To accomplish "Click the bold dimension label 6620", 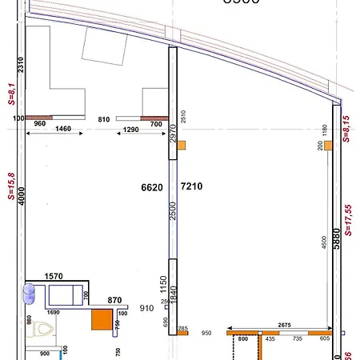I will tap(152, 187).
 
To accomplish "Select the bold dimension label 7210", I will tap(193, 187).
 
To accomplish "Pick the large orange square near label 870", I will tap(102, 320).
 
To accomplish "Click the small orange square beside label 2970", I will tap(182, 145).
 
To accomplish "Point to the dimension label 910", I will tap(146, 307).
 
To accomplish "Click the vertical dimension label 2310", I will tap(22, 66).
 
